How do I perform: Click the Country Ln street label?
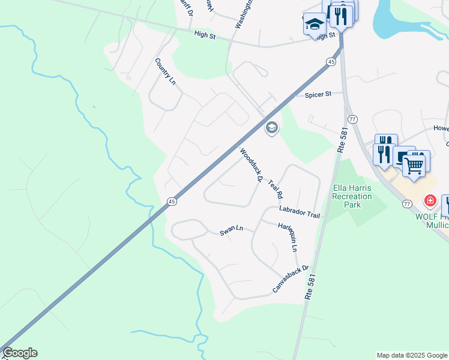point(164,71)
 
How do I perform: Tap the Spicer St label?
point(318,95)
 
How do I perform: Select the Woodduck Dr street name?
point(252,164)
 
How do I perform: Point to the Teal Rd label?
point(275,189)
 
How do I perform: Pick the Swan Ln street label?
point(231,231)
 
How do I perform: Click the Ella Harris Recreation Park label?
point(352,196)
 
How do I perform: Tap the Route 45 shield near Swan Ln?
point(172,202)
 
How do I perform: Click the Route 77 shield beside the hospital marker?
point(407,204)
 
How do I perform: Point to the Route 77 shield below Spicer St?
point(352,120)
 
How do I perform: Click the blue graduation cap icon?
point(314,24)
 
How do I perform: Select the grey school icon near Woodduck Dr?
point(271,127)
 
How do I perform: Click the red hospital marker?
point(430,200)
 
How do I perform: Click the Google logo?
point(20,353)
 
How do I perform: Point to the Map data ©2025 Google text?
point(411,355)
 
